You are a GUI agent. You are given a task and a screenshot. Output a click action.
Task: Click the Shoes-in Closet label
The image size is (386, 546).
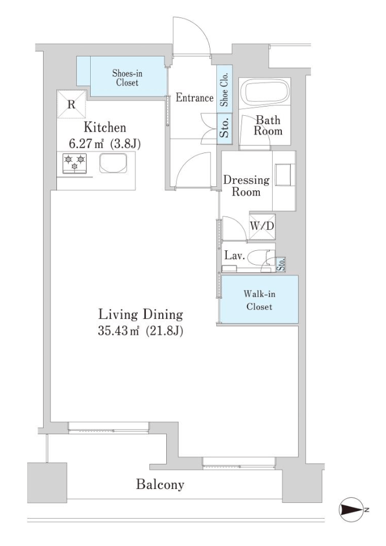point(127,78)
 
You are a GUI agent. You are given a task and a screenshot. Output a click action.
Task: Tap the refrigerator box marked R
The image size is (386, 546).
point(72,104)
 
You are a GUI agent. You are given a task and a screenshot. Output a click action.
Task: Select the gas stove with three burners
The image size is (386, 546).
point(75,164)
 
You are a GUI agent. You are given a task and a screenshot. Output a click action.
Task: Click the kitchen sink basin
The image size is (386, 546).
point(113,163)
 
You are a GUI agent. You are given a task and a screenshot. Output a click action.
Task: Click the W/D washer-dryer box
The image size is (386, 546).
point(262,226)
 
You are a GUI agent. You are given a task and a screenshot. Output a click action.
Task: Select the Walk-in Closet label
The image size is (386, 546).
point(259,300)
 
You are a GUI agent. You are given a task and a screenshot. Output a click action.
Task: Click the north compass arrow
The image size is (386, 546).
point(351,510)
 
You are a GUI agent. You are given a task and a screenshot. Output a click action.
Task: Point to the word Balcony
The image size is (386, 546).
point(160,484)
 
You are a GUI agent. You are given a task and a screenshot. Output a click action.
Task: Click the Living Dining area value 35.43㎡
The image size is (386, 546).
point(118,331)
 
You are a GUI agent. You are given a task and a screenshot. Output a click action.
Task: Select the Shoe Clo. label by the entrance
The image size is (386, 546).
point(224,90)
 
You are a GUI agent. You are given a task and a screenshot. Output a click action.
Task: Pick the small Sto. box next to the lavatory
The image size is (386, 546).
point(281,264)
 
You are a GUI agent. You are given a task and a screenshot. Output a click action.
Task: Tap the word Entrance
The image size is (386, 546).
point(194,98)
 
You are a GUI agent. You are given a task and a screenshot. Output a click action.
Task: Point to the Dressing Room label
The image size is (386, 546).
point(246,186)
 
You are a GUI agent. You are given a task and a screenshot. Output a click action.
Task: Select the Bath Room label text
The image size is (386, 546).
point(268,125)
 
